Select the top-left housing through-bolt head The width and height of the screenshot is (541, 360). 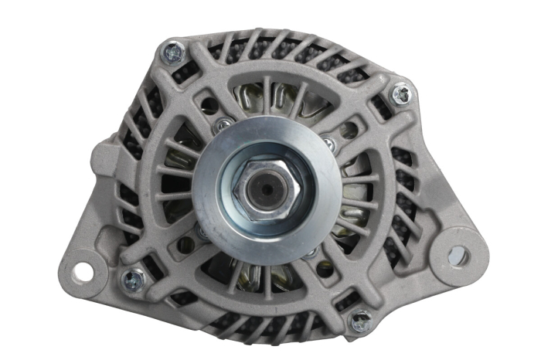174,52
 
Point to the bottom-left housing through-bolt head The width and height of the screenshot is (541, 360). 134,277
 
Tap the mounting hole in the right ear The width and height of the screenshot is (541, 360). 458,255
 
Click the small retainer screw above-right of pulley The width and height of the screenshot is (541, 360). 328,143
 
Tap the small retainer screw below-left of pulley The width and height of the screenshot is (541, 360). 203,229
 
